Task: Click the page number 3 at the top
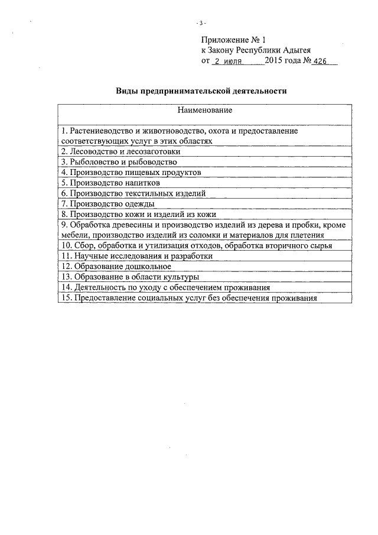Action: tap(201, 23)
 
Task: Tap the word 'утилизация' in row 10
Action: tap(166, 246)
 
